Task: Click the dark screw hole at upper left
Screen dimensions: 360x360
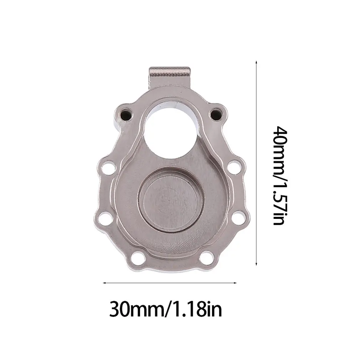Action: [x=125, y=114]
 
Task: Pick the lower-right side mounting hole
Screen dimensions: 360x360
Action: [x=238, y=218]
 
